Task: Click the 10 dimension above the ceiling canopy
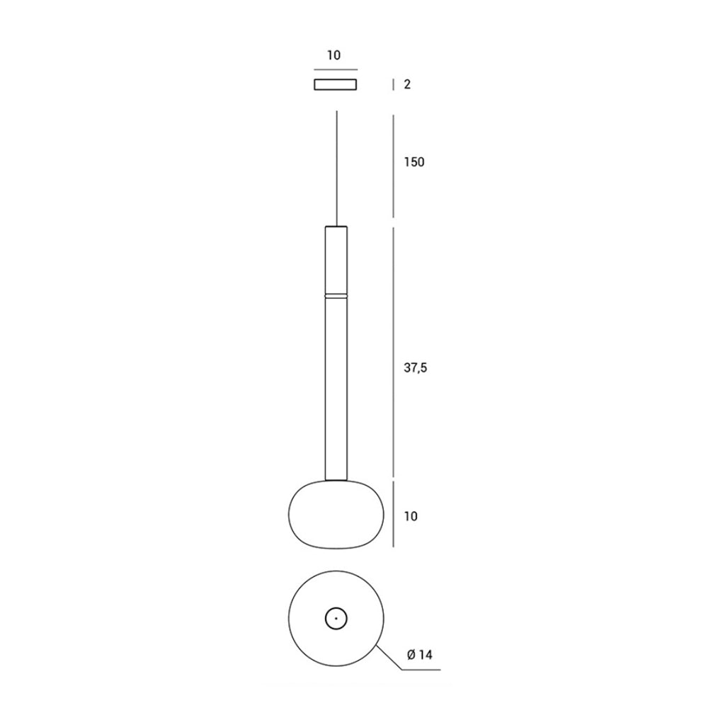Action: tap(334, 56)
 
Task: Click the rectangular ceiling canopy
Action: tap(336, 85)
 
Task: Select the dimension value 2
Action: tap(407, 85)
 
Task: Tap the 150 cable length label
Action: tap(414, 162)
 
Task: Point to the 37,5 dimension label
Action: tap(416, 367)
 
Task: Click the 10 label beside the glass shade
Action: tap(411, 516)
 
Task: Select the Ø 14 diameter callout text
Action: tap(420, 656)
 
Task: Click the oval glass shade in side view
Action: tap(336, 513)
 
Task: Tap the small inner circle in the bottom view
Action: tap(336, 618)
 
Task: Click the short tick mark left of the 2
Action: tap(394, 85)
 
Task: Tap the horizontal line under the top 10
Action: tap(336, 69)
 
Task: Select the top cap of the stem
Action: tap(336, 227)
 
